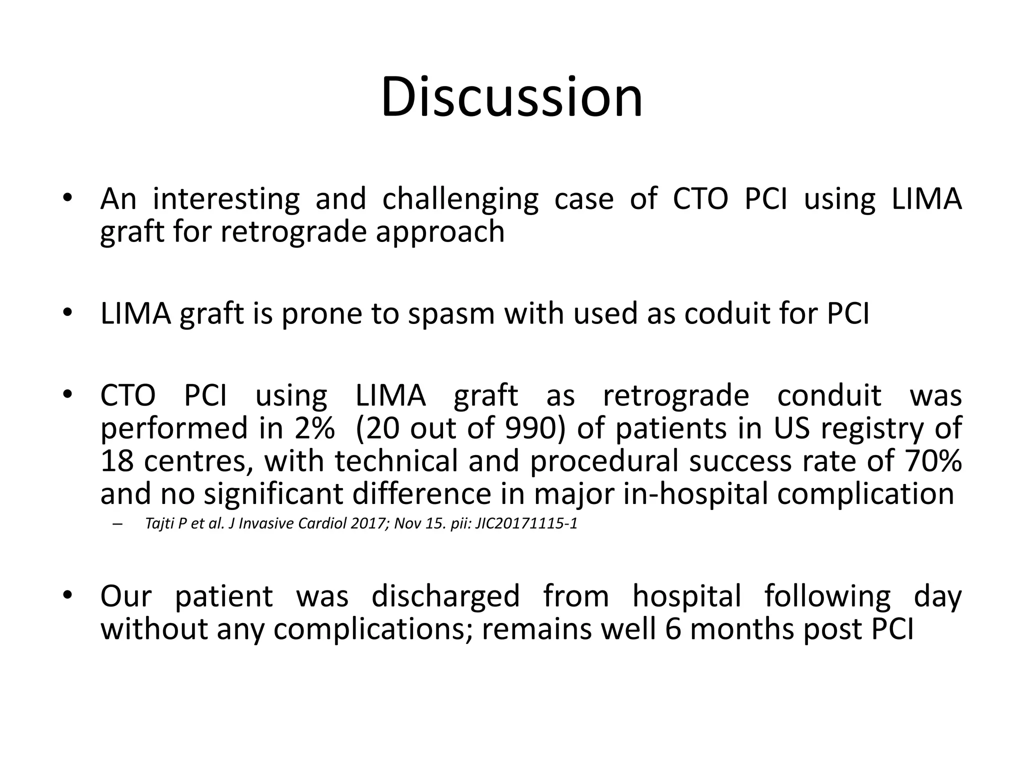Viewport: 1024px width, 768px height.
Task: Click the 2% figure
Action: click(x=314, y=428)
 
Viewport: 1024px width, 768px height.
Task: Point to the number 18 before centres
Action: click(x=117, y=461)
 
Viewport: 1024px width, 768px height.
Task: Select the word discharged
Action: click(x=445, y=596)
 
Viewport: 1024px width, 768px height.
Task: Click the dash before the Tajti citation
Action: click(x=118, y=524)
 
